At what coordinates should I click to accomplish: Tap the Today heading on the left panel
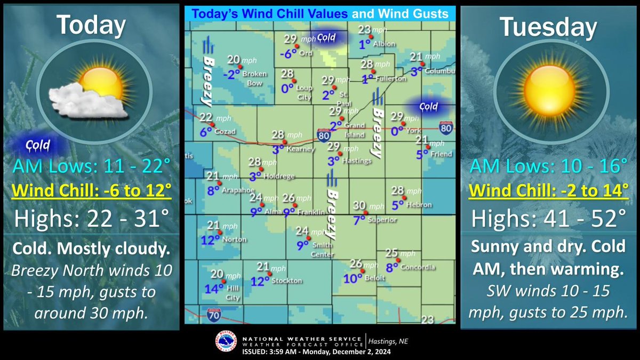(x=91, y=25)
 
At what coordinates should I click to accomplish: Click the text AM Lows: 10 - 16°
(x=548, y=167)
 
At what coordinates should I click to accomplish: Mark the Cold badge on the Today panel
(x=37, y=145)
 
